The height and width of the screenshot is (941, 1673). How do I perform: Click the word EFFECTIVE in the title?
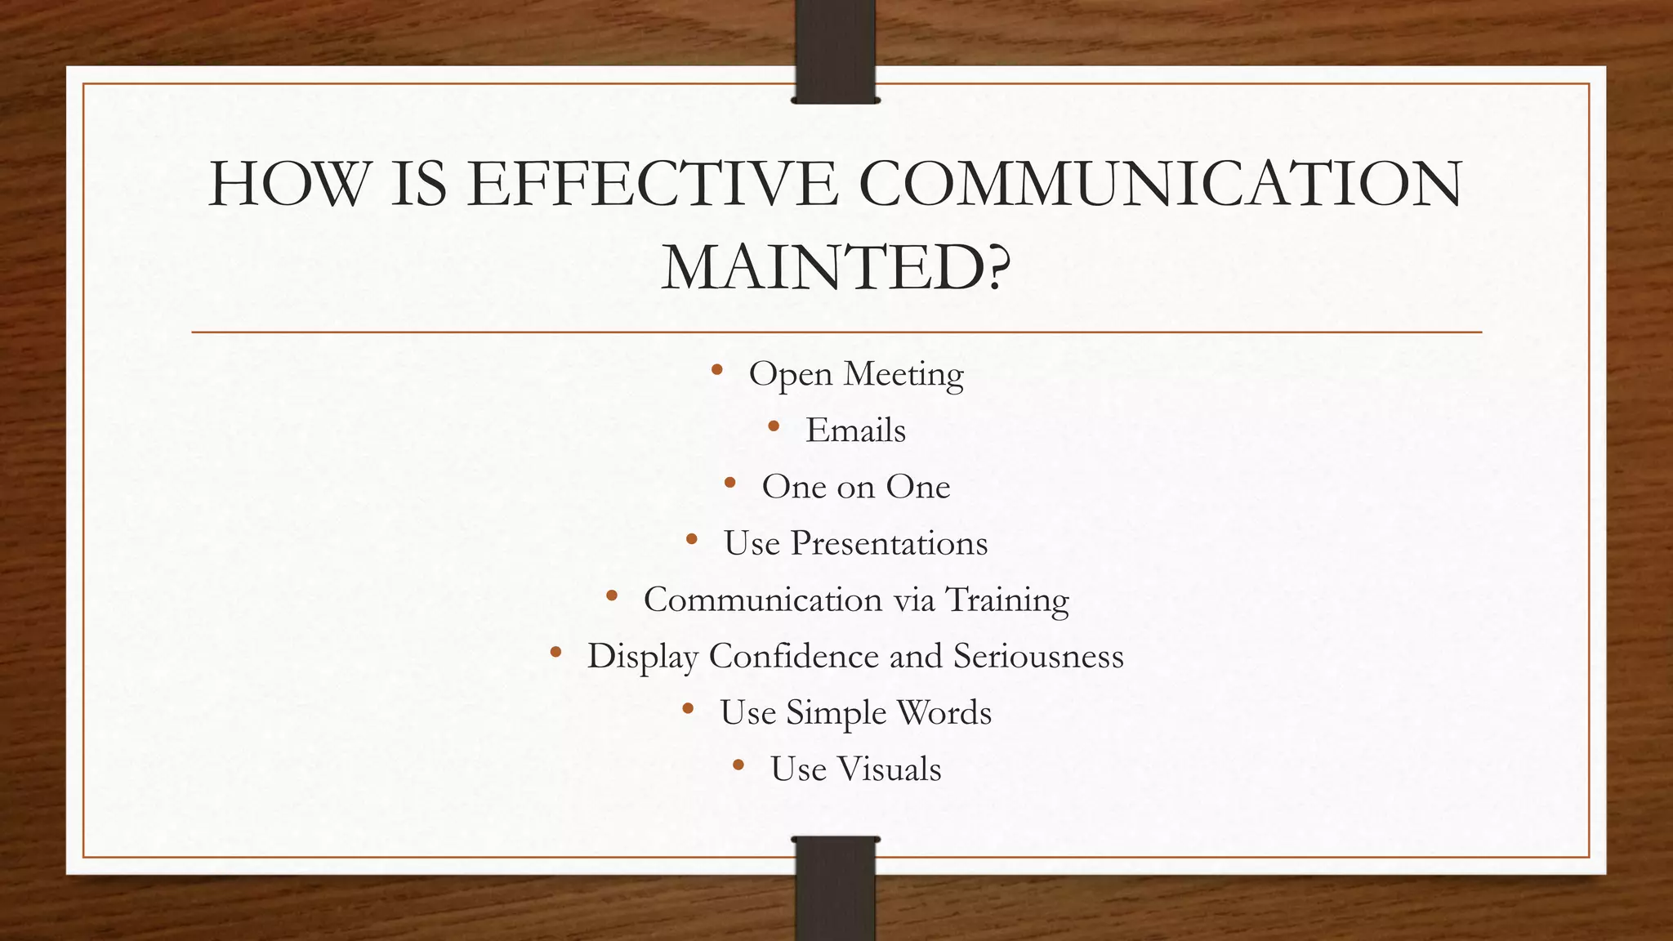(x=654, y=184)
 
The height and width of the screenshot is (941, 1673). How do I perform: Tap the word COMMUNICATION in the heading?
(x=1160, y=184)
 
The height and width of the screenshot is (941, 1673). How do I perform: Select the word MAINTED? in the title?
(x=836, y=268)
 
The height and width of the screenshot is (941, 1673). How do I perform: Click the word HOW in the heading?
(x=288, y=184)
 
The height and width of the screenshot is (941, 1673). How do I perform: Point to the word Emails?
(x=855, y=430)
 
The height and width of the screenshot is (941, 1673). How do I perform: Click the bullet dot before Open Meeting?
(x=717, y=370)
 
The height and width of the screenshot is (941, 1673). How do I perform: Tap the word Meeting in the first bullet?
(x=903, y=374)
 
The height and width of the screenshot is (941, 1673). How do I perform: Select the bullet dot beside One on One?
(x=730, y=483)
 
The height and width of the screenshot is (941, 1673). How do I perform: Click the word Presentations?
(x=889, y=543)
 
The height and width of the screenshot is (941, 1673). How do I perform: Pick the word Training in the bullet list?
(x=1007, y=600)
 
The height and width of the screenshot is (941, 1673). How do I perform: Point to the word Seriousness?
(x=1038, y=656)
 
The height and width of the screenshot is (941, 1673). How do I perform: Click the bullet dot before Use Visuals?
(x=738, y=765)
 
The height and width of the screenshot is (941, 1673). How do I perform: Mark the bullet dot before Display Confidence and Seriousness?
(x=555, y=652)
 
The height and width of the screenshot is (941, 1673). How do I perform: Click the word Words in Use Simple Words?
(x=944, y=713)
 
